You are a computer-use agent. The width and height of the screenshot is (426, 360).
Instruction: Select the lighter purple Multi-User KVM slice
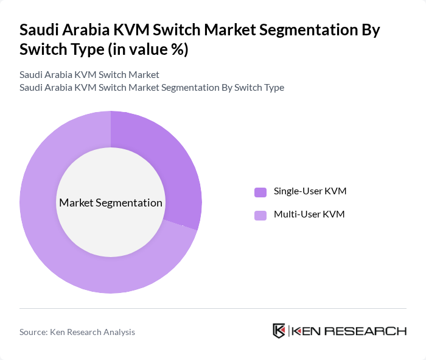click(55, 244)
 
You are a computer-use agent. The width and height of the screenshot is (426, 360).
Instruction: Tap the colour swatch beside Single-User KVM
click(260, 192)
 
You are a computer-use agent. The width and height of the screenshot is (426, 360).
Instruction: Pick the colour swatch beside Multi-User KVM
click(260, 215)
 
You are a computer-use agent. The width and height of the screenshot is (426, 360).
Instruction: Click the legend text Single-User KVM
click(310, 191)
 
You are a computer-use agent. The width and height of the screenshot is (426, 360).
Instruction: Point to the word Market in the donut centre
click(75, 202)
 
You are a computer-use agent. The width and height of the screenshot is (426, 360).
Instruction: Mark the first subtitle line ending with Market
click(89, 74)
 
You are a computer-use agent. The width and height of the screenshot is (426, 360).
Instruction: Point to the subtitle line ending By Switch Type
click(152, 87)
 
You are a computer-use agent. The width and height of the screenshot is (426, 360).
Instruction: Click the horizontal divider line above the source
click(213, 308)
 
